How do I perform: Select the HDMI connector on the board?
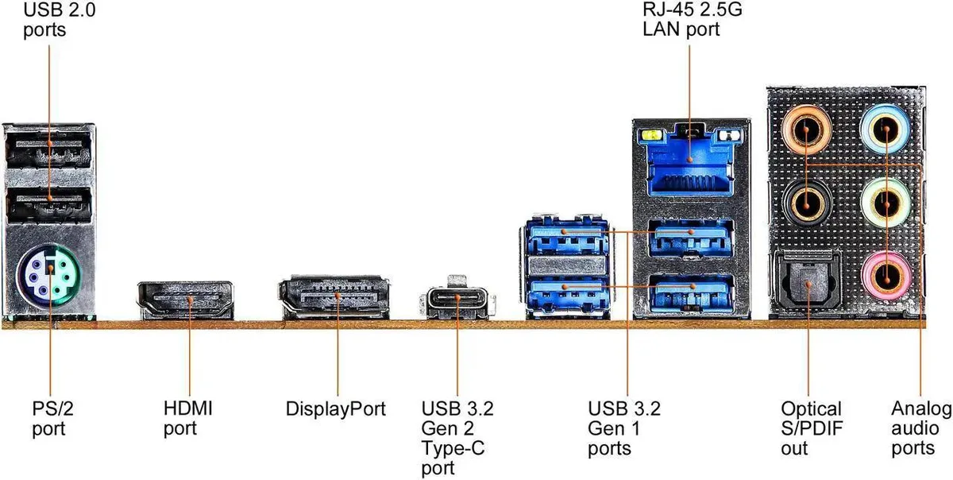(x=186, y=300)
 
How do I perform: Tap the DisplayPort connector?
(x=334, y=297)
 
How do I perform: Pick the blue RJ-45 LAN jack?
(x=689, y=163)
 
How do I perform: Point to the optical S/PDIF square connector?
(x=808, y=282)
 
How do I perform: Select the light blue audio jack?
(x=885, y=129)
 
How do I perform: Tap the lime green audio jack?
(x=885, y=203)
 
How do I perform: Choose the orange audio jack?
(x=807, y=130)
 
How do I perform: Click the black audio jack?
(x=807, y=203)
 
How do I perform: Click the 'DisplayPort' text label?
(x=336, y=408)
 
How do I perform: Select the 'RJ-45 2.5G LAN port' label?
(x=693, y=19)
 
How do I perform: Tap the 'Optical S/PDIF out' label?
(x=812, y=428)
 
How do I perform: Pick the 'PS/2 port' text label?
(x=52, y=419)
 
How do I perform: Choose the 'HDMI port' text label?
(x=187, y=419)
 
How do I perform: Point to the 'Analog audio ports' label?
(x=921, y=428)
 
